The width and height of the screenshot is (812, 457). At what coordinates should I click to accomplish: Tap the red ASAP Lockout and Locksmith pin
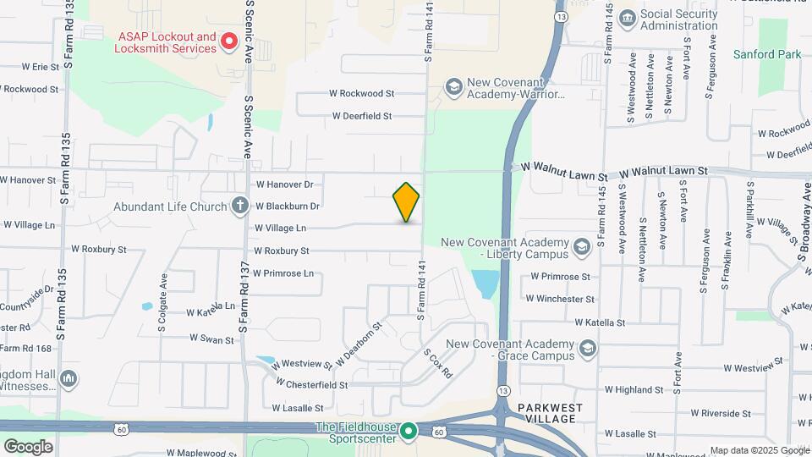(228, 41)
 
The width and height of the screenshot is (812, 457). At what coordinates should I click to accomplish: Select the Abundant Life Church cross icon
(240, 206)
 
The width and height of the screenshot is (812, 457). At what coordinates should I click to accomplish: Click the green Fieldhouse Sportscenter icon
(408, 432)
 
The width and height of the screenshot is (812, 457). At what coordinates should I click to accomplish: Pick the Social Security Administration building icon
(627, 19)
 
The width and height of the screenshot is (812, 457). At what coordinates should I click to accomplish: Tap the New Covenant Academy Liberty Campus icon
(581, 246)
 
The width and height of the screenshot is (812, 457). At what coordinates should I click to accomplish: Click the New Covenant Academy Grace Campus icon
(589, 349)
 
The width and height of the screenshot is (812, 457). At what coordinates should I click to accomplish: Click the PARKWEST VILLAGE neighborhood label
(551, 412)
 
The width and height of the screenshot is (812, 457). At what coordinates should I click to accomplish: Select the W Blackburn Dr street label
(287, 206)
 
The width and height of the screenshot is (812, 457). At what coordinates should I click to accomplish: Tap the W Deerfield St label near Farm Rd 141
(362, 116)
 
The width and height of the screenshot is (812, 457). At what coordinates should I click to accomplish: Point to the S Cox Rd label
(438, 363)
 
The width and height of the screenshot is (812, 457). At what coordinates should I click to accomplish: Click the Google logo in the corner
(28, 446)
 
